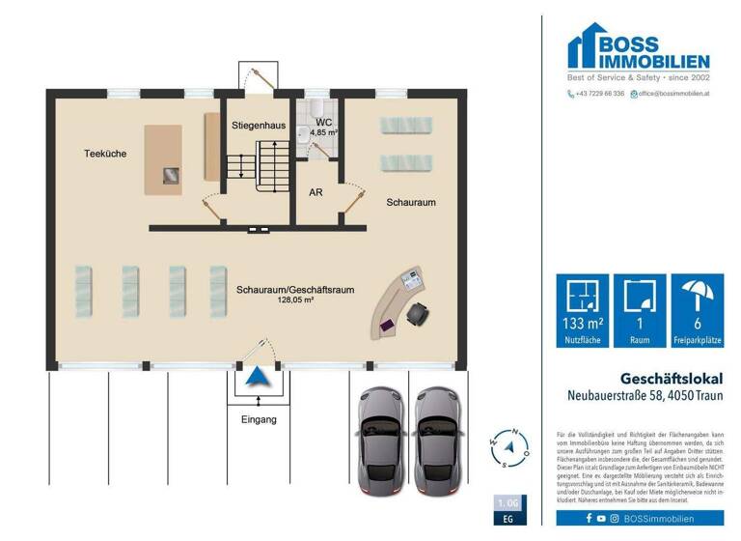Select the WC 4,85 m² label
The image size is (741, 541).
(x=323, y=127)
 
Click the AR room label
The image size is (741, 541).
(x=316, y=192)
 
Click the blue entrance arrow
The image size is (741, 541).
(x=256, y=378)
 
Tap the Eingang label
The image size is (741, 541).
(x=259, y=419)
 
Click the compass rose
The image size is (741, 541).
(x=511, y=447)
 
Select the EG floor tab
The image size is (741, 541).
(x=508, y=520)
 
